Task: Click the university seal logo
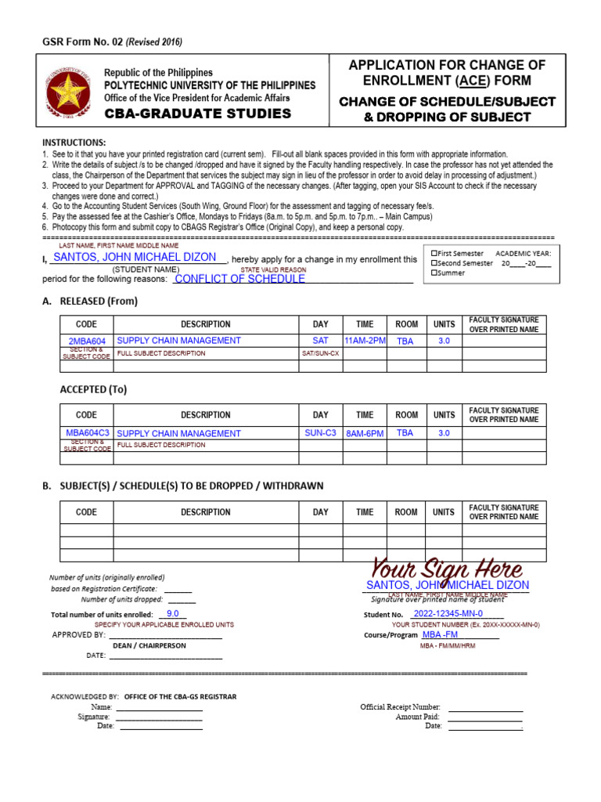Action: pyautogui.click(x=73, y=90)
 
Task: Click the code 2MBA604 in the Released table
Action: pyautogui.click(x=87, y=341)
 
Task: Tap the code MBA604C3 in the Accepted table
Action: pyautogui.click(x=88, y=433)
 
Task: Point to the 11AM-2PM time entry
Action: pyautogui.click(x=365, y=341)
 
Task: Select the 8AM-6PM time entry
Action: pyautogui.click(x=365, y=433)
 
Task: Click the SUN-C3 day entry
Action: pyautogui.click(x=320, y=432)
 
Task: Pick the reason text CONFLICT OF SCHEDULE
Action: pyautogui.click(x=239, y=279)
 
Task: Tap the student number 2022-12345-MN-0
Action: pyautogui.click(x=448, y=614)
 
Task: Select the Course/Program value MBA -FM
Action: pyautogui.click(x=441, y=634)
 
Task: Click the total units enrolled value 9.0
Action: pyautogui.click(x=173, y=614)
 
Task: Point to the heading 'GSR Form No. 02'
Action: pyautogui.click(x=88, y=42)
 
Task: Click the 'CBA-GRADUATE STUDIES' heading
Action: pyautogui.click(x=198, y=114)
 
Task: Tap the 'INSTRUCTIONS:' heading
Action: pyautogui.click(x=74, y=143)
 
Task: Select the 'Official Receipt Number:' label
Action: pyautogui.click(x=400, y=707)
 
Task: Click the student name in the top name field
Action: pyautogui.click(x=134, y=257)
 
